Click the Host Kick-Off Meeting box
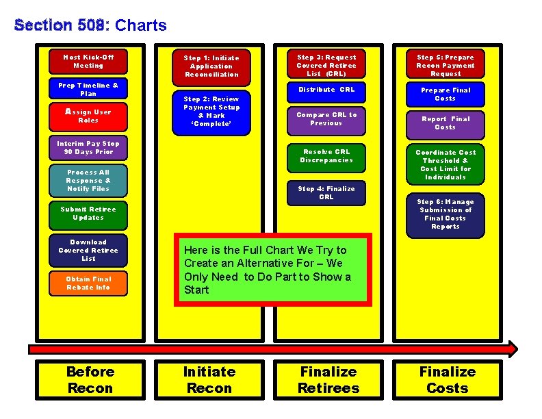pos(88,62)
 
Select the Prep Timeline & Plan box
pos(88,90)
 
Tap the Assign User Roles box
pos(88,116)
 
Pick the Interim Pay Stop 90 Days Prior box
pos(88,148)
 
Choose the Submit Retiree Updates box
pos(88,214)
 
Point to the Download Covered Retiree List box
pos(88,251)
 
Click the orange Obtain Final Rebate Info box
pos(88,283)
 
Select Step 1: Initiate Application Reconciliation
pos(211,66)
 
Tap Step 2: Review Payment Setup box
pos(211,112)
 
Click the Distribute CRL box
pos(326,90)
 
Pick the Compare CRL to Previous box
pos(326,119)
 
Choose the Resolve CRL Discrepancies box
pos(326,156)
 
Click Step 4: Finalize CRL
pos(326,193)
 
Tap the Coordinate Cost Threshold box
pos(446,165)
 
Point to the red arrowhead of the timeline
pos(511,348)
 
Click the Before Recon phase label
pos(90,380)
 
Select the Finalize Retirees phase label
pos(328,380)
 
